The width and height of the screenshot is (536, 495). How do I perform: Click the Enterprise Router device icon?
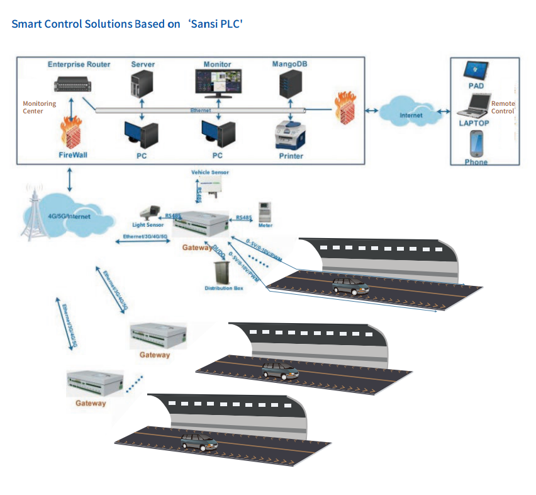[x=73, y=83]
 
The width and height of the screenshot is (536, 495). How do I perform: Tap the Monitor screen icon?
[x=218, y=82]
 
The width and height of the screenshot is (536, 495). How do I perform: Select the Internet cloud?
[x=412, y=111]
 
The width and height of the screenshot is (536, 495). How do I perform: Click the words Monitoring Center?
[x=40, y=107]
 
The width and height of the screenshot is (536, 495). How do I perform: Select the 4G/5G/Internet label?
[x=69, y=217]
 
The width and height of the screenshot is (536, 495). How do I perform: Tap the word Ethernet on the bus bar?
[x=201, y=110]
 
